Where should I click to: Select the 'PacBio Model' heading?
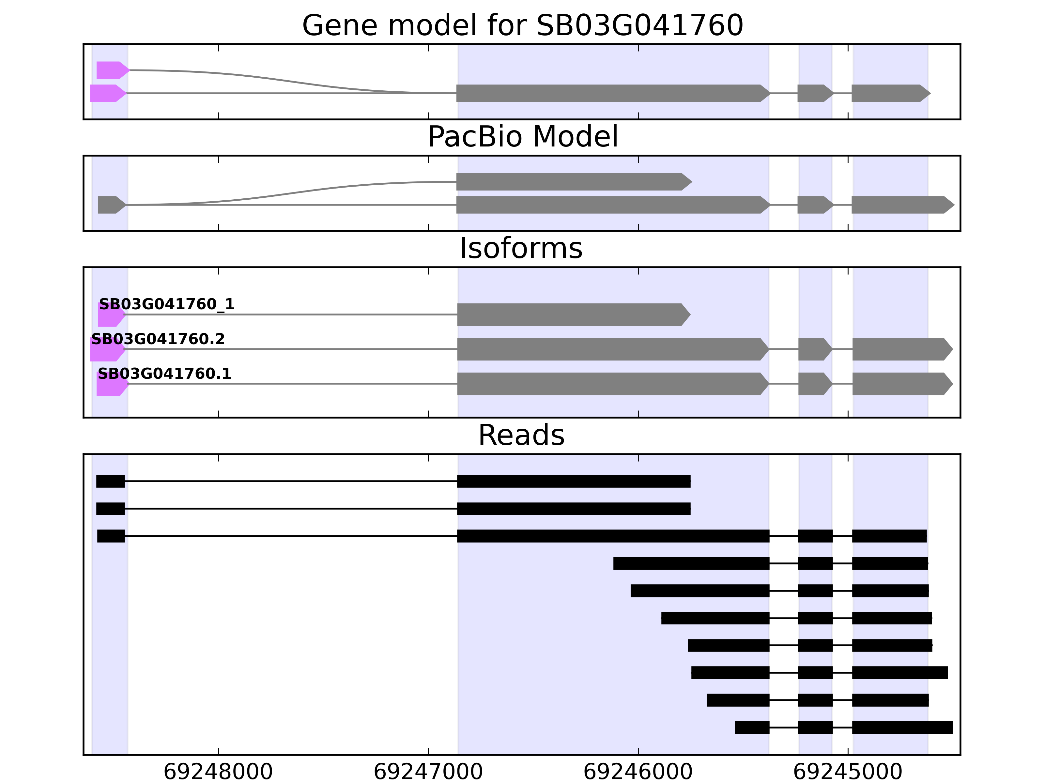point(522,137)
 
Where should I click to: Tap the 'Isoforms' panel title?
point(521,248)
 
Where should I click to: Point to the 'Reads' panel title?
point(521,435)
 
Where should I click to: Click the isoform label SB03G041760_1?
point(167,304)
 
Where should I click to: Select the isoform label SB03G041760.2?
point(158,339)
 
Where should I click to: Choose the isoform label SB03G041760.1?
point(164,374)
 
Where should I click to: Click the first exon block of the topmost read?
point(111,482)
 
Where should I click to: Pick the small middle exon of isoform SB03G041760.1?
point(814,384)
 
